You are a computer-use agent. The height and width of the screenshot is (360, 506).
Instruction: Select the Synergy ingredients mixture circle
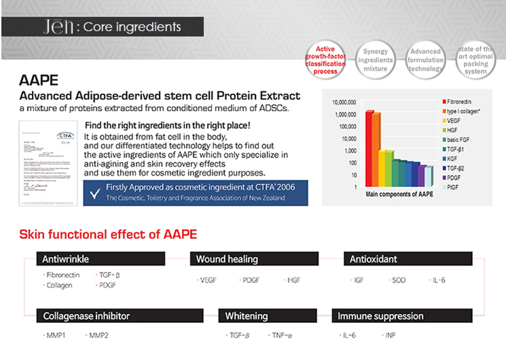click(376, 60)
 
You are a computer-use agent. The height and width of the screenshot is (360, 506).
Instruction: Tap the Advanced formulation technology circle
click(425, 60)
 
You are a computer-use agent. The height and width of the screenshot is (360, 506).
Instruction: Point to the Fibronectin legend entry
click(459, 102)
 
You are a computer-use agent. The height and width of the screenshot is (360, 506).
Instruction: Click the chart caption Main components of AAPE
click(399, 193)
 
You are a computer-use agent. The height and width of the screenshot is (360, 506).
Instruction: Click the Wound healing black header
click(254, 259)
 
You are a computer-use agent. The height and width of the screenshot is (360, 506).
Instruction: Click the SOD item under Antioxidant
click(399, 280)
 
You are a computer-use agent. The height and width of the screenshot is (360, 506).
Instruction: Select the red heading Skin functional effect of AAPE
click(108, 234)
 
